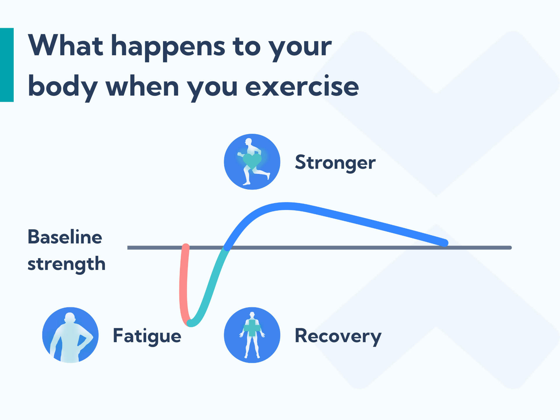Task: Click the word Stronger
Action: [x=335, y=163]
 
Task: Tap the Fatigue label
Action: [x=147, y=336]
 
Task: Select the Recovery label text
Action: [x=338, y=336]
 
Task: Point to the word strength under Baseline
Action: [x=66, y=264]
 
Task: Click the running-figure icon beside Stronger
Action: [x=252, y=162]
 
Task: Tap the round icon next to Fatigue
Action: [x=70, y=335]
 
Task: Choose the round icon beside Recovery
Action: [x=252, y=335]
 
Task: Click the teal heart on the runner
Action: [x=252, y=161]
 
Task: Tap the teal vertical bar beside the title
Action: [x=7, y=65]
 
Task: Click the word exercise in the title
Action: [x=302, y=87]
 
